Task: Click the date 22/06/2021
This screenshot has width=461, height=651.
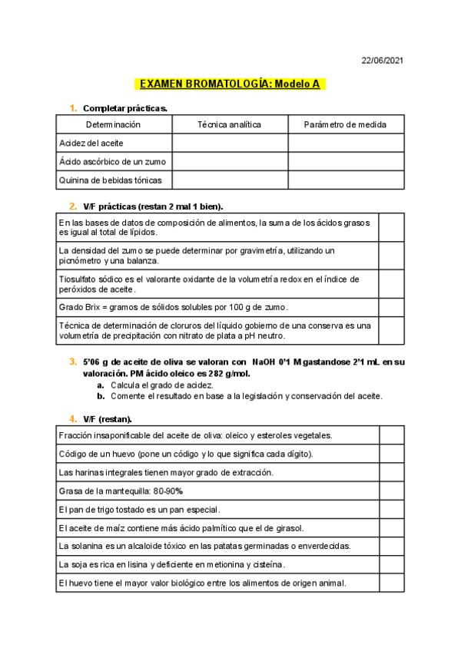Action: [x=383, y=61]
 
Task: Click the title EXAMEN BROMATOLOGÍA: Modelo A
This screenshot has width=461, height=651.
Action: [x=230, y=84]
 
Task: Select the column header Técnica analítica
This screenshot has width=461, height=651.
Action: [x=229, y=124]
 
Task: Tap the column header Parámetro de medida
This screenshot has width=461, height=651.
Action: [x=345, y=124]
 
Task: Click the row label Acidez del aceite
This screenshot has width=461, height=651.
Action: [x=91, y=143]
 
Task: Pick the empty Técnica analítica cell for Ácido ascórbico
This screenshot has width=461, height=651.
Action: [x=229, y=161]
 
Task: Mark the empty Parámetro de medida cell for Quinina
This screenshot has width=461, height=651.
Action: [x=345, y=180]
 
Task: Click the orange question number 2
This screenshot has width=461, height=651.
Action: [x=72, y=206]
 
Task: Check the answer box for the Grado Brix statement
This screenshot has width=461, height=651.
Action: [x=390, y=307]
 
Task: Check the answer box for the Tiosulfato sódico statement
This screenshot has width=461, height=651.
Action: [x=390, y=283]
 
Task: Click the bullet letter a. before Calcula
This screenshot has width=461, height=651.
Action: [x=101, y=385]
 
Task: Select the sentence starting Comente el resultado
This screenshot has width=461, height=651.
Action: [x=246, y=396]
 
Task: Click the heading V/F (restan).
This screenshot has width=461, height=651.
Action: [x=108, y=418]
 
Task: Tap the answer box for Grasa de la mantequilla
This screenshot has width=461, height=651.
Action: [x=390, y=491]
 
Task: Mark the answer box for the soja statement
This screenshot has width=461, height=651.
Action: [x=390, y=564]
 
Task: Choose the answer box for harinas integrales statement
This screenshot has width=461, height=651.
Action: [x=390, y=472]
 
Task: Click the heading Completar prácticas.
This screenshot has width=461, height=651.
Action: [x=124, y=108]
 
